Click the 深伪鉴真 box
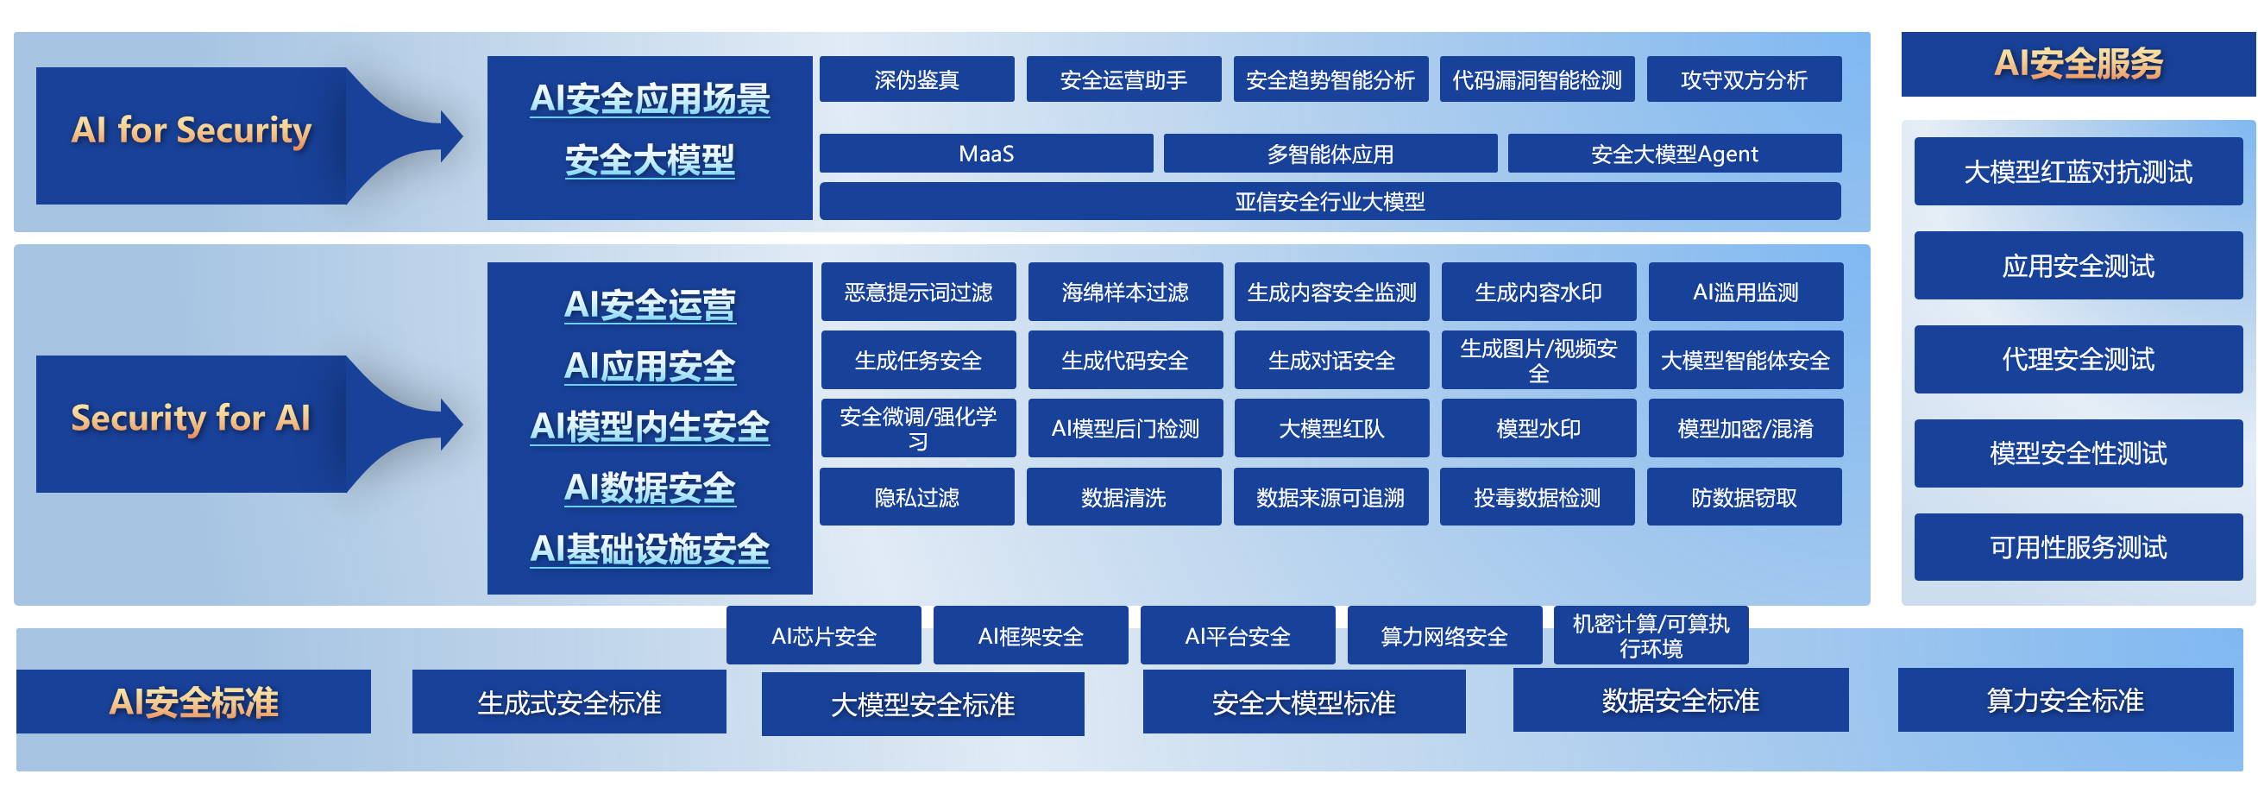point(917,79)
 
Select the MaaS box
point(986,154)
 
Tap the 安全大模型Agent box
point(1674,154)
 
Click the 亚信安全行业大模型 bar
point(1330,201)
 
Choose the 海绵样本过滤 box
point(1124,291)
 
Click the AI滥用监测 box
point(1745,291)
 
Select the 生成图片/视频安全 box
point(1538,360)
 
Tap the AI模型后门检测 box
point(1124,428)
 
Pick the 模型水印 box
point(1538,428)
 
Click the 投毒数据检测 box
point(1537,496)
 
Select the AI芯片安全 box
point(823,635)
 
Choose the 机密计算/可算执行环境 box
point(1651,635)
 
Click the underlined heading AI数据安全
point(650,488)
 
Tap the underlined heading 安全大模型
point(650,161)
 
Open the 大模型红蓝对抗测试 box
point(2078,171)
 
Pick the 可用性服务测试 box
point(2078,547)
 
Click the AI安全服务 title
point(2078,63)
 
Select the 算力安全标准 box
point(2064,700)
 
